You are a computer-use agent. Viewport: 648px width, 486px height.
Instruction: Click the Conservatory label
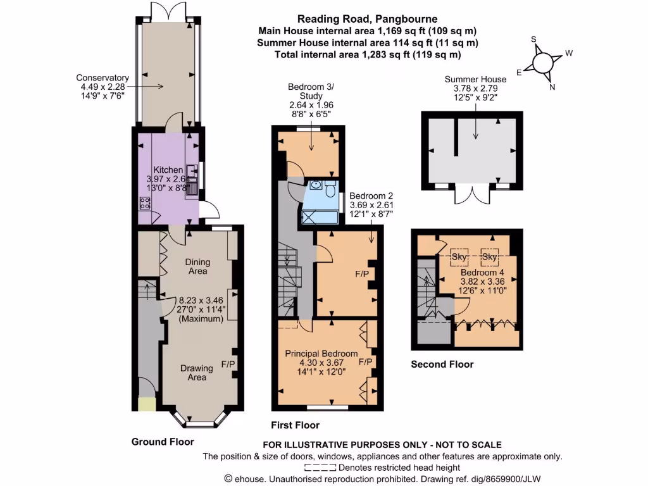[103, 78]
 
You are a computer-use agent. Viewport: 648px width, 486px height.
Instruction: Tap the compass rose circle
[543, 63]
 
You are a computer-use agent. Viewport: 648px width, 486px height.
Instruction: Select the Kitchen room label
[168, 170]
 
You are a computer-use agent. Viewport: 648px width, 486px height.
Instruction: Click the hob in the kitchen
[144, 203]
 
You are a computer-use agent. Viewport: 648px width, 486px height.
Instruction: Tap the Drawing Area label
[197, 373]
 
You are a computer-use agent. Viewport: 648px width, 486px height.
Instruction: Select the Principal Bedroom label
[321, 354]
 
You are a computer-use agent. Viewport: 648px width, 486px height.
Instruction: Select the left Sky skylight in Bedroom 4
[459, 258]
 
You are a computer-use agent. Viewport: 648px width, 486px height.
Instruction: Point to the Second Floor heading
[442, 364]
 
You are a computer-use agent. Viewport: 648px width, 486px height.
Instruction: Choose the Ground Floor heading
[163, 442]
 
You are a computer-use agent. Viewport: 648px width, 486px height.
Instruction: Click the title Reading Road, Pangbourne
[367, 19]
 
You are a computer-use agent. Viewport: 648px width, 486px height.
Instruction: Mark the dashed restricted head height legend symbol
[321, 467]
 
